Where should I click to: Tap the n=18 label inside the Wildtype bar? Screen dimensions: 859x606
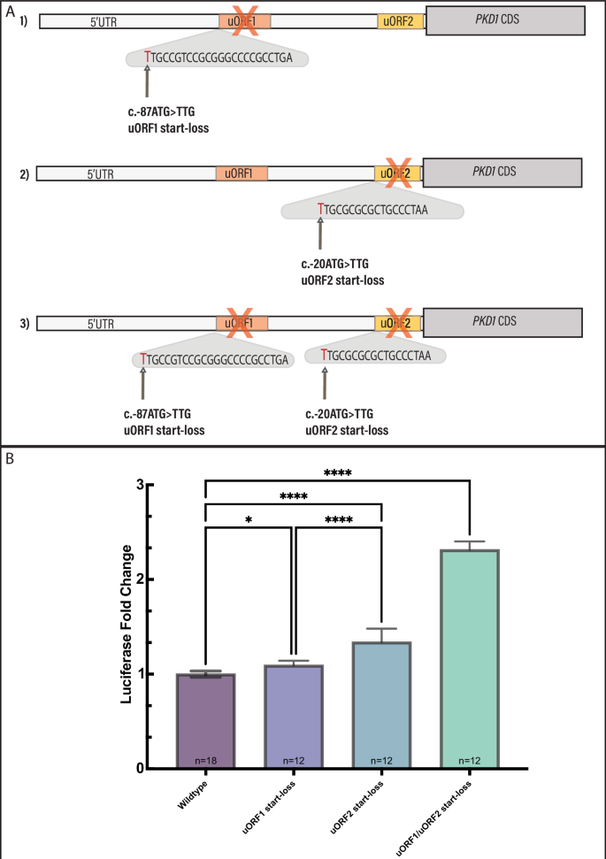205,760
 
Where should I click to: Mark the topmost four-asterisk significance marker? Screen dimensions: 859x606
337,473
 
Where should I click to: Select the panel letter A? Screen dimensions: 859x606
10,12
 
